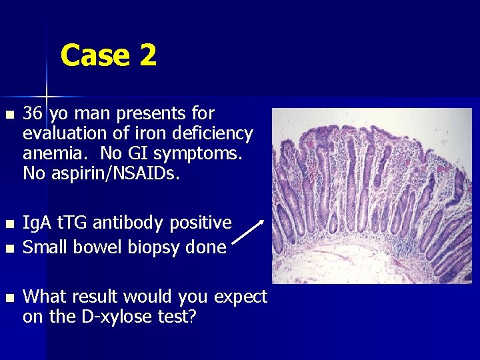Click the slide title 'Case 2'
coord(109,55)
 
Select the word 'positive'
coord(201,223)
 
